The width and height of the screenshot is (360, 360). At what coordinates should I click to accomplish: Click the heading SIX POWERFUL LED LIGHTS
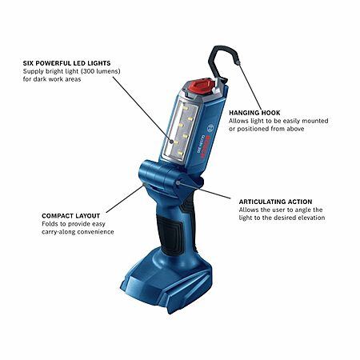click(x=66, y=63)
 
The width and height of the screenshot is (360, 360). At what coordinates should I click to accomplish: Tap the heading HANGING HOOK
click(x=254, y=113)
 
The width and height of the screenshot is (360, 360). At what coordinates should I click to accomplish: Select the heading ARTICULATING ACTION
click(x=275, y=202)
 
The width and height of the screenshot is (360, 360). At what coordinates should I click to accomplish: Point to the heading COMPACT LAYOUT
click(x=71, y=216)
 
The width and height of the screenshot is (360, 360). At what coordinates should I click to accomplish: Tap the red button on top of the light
click(x=201, y=86)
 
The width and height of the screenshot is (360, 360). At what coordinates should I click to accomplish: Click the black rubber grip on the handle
click(x=170, y=234)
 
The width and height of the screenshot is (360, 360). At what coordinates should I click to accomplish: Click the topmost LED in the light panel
click(x=186, y=109)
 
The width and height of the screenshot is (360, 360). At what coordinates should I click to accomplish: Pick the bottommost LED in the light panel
click(x=181, y=153)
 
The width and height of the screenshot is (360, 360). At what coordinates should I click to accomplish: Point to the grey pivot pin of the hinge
click(x=178, y=182)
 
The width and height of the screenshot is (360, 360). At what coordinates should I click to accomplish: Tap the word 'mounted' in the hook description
click(x=315, y=121)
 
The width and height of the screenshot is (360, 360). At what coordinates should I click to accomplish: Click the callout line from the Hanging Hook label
click(x=250, y=86)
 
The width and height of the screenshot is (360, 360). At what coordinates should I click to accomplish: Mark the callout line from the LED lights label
click(x=142, y=109)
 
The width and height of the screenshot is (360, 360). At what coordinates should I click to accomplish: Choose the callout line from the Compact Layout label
click(x=125, y=198)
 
